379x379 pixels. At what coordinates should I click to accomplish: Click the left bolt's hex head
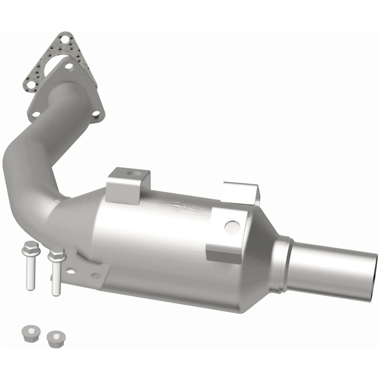click(x=30, y=247)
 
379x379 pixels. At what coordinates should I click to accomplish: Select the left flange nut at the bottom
click(x=30, y=333)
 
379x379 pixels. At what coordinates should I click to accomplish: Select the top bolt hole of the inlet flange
click(x=69, y=67)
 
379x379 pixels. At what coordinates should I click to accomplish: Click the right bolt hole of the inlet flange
click(x=96, y=114)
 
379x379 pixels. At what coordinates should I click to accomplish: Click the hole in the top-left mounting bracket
click(x=131, y=174)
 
